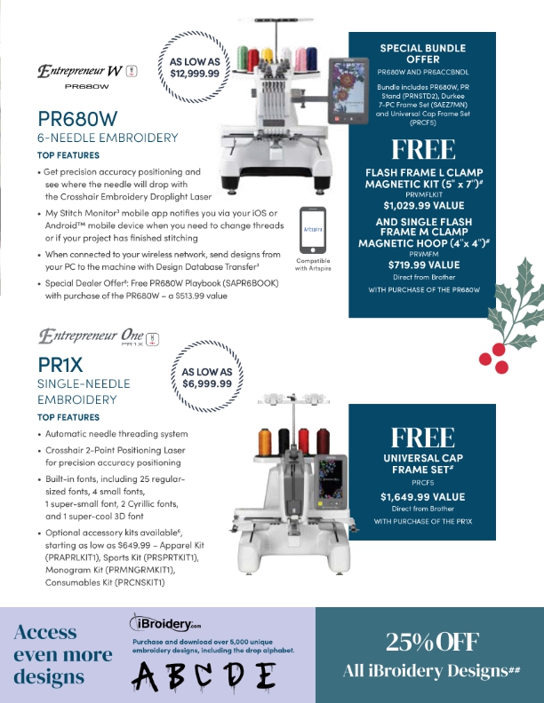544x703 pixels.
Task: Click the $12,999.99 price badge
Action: pyautogui.click(x=194, y=68)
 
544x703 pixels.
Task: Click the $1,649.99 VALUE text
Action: pyautogui.click(x=422, y=496)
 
